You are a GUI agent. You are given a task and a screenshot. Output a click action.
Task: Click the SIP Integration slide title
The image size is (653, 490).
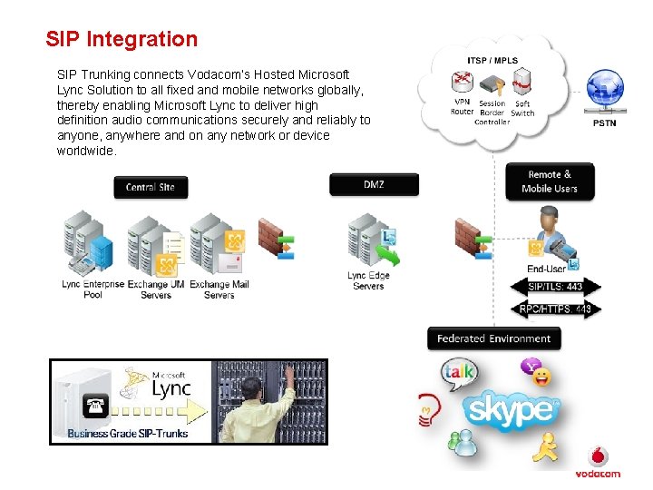122,39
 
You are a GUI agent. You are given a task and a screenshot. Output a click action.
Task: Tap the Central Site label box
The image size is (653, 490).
151,187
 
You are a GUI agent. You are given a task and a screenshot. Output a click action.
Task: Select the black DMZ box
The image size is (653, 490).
374,184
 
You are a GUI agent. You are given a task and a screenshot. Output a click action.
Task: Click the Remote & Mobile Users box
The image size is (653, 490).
550,181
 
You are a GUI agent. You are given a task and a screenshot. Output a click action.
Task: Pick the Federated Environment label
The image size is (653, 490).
494,338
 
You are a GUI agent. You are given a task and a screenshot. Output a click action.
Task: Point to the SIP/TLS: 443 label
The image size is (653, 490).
556,287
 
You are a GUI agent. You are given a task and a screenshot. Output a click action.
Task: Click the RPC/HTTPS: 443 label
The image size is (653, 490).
556,309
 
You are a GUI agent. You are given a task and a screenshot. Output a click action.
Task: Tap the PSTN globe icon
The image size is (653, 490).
604,92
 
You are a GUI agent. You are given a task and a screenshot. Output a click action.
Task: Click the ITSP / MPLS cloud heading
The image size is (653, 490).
492,61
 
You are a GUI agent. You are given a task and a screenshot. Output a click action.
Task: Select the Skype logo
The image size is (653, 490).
512,409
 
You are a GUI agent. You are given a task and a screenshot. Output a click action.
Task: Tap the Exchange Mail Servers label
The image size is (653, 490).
219,289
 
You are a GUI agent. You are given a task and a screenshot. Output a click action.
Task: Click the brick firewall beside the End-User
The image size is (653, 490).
469,238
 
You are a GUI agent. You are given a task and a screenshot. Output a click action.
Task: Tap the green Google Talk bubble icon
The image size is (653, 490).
458,373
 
